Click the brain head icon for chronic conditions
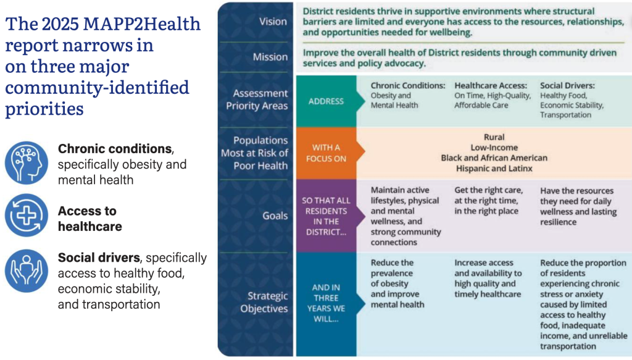[x=27, y=162]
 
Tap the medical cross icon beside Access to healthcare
[x=27, y=216]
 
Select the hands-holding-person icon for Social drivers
[x=27, y=270]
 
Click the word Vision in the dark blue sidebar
[x=273, y=22]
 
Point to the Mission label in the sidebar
[x=270, y=57]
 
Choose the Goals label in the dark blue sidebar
[x=275, y=216]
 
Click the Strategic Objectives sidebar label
[x=264, y=302]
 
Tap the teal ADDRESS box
[x=326, y=101]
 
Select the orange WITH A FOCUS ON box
[x=326, y=153]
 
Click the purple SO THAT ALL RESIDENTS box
[x=326, y=216]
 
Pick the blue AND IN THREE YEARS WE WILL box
[x=326, y=304]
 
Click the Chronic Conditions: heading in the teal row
[x=408, y=85]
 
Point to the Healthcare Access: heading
[x=491, y=85]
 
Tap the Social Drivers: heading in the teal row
[x=567, y=85]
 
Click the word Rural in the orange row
[x=494, y=137]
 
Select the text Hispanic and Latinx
[x=494, y=169]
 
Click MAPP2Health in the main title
[x=142, y=24]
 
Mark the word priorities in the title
[x=44, y=109]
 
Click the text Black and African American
[x=494, y=158]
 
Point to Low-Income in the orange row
[x=494, y=148]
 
